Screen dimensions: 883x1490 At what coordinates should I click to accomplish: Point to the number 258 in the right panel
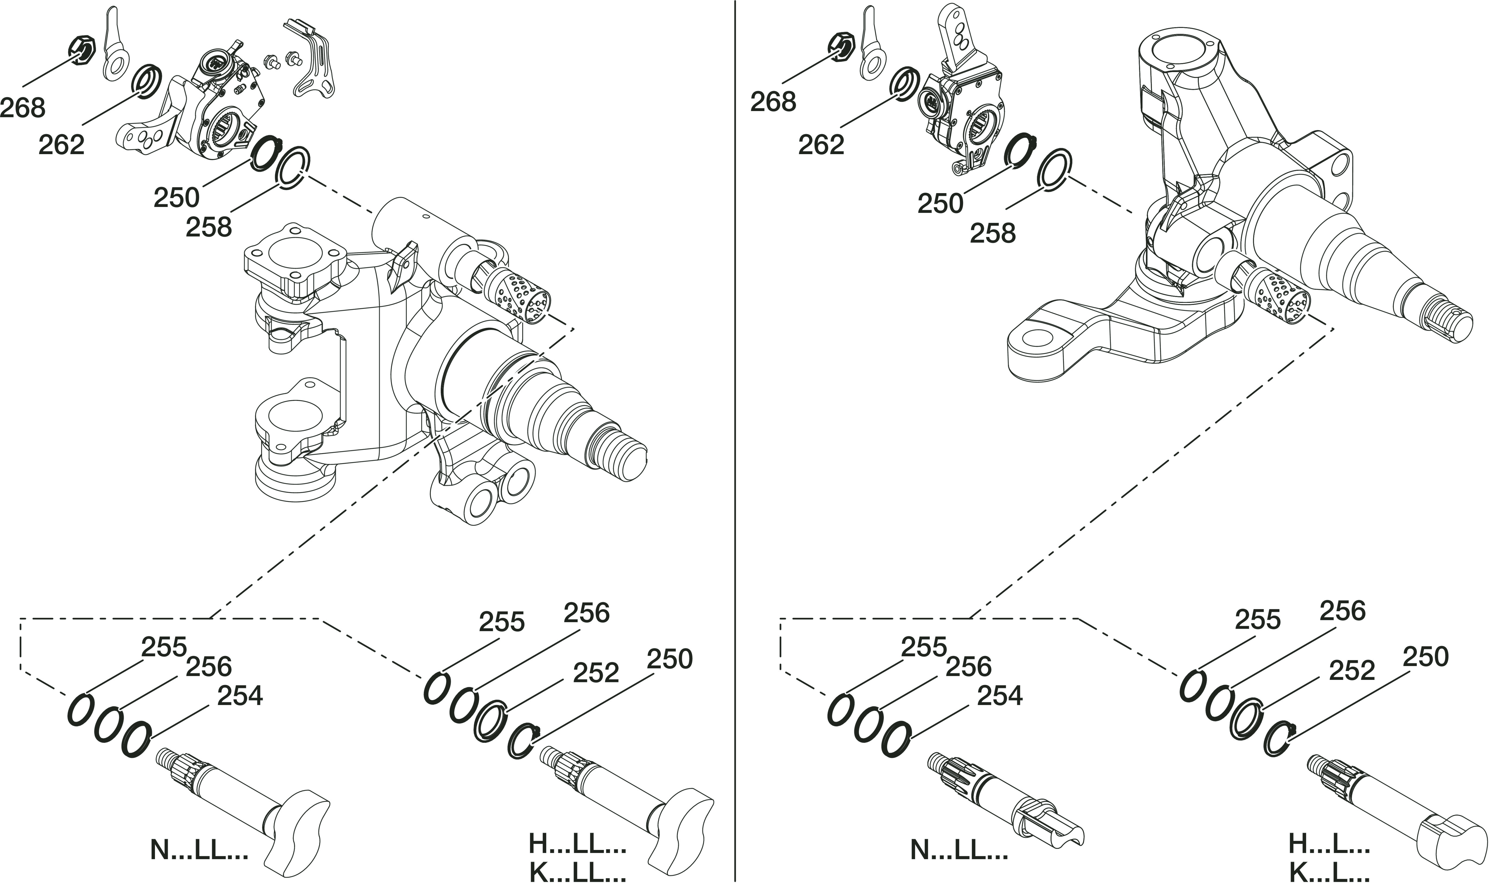[993, 233]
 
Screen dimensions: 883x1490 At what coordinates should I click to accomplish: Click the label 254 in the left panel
[240, 696]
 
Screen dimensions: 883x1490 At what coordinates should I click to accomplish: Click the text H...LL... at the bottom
[577, 843]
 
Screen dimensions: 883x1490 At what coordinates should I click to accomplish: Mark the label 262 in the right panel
[821, 145]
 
